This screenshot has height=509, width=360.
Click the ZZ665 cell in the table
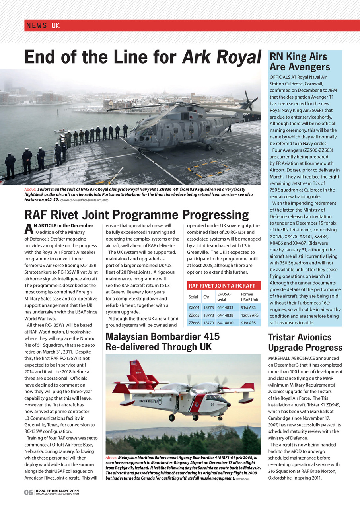(194, 315)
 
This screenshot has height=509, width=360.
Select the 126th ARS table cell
(249, 315)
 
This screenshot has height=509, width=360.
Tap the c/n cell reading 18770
(208, 323)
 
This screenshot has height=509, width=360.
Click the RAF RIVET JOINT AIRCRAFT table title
(222, 286)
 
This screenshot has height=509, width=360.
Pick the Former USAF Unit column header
(249, 297)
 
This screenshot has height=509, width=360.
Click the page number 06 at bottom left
(28, 493)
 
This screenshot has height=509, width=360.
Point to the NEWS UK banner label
(43, 26)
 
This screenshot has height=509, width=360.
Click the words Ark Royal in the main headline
(221, 57)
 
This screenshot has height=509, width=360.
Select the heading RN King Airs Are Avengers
(299, 61)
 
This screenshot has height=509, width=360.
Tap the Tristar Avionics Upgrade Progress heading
(305, 342)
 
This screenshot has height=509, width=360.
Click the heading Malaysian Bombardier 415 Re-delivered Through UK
(162, 342)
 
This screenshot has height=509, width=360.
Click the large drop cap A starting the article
(28, 229)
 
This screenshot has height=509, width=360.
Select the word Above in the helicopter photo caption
(30, 190)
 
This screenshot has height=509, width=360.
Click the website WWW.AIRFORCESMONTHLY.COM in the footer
(57, 495)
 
